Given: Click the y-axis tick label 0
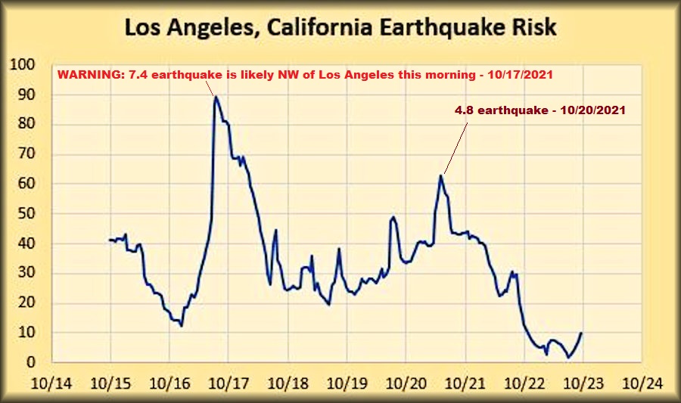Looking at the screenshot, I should tap(32, 362).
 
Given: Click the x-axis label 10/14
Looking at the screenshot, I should tap(53, 383).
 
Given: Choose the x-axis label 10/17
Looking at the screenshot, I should tap(229, 383).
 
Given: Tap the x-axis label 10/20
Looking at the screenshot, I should tap(406, 383).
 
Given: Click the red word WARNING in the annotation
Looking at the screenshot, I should tap(87, 76).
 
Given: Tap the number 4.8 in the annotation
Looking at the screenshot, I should tap(463, 110).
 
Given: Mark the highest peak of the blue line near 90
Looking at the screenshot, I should tap(216, 96).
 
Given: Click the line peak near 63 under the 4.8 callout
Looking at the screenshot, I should tap(440, 175).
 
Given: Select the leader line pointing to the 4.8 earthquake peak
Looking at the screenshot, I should tap(456, 145).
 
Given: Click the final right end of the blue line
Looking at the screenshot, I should tap(581, 333).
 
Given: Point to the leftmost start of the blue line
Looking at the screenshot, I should tap(110, 240).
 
